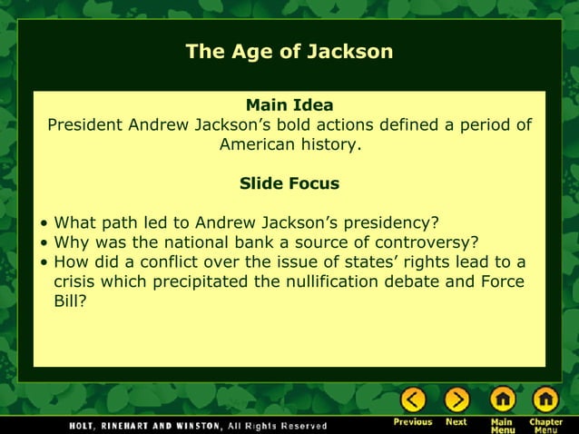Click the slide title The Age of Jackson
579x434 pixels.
tap(289, 52)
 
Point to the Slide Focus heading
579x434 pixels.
tap(289, 183)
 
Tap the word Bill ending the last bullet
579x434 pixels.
tap(69, 301)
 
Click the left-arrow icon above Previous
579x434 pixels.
tap(413, 399)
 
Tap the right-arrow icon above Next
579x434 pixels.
tap(456, 399)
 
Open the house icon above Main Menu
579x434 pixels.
tap(503, 399)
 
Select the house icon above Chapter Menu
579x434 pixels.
tap(545, 399)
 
